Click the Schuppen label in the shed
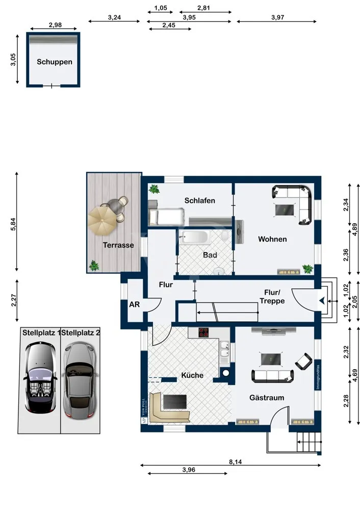point(55,62)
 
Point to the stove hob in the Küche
point(204,333)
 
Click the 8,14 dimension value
point(236,462)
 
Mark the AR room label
point(133,304)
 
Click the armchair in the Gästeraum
point(304,362)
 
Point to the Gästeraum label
point(266,397)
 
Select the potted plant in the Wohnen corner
point(307,268)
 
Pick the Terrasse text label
point(118,245)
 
